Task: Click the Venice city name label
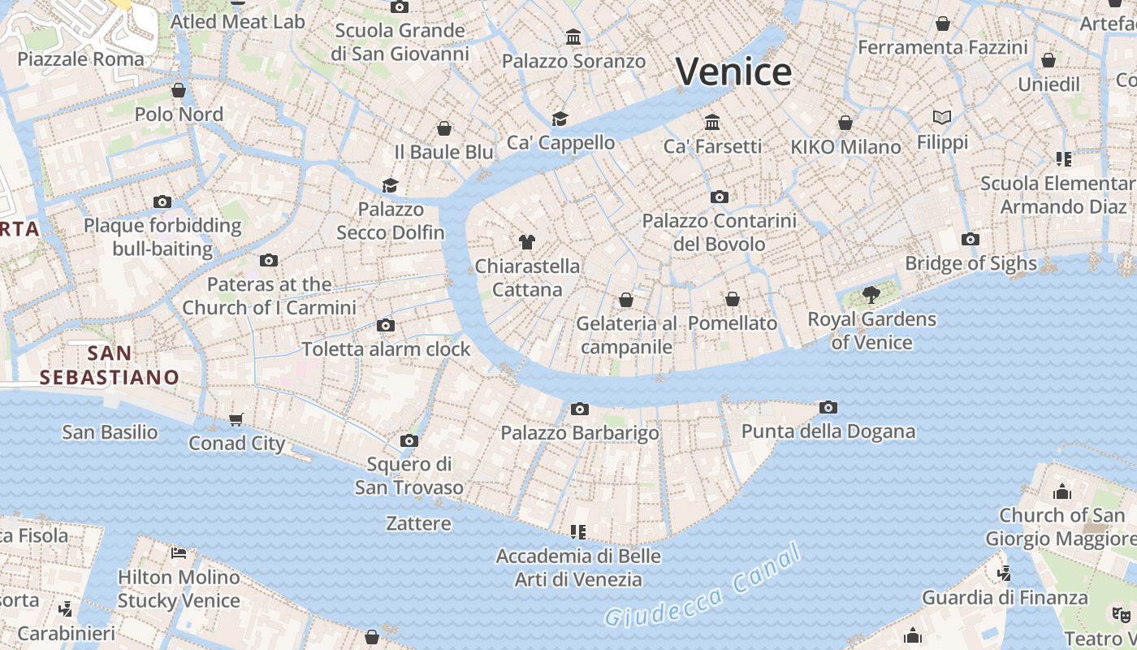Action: click(x=733, y=72)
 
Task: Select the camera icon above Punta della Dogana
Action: click(x=828, y=407)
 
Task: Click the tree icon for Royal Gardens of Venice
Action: click(x=871, y=294)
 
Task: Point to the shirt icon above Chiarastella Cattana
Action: click(x=527, y=241)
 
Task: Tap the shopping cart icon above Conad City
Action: click(x=236, y=419)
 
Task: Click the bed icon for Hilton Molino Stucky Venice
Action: click(x=179, y=553)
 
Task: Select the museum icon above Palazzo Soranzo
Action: click(x=573, y=37)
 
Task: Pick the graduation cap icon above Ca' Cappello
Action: click(x=560, y=119)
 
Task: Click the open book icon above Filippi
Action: click(x=942, y=118)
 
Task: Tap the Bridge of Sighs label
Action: click(x=971, y=263)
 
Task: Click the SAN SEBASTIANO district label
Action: click(x=110, y=365)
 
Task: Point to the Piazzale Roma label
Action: click(x=80, y=58)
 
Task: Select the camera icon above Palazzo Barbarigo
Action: click(x=579, y=409)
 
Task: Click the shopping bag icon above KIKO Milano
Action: click(x=845, y=123)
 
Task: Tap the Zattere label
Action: click(x=418, y=523)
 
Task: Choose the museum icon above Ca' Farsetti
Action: click(x=712, y=122)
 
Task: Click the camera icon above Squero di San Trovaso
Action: click(x=409, y=440)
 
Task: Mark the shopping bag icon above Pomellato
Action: click(x=733, y=299)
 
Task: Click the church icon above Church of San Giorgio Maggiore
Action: click(x=1061, y=492)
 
